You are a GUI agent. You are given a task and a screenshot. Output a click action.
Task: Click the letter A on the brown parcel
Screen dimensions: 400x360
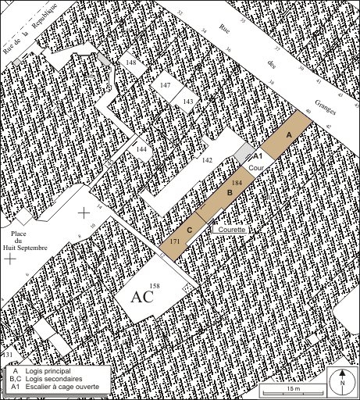288,135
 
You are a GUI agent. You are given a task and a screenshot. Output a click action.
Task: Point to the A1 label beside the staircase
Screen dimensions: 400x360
258,156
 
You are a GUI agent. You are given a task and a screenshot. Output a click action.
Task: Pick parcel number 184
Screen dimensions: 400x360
237,182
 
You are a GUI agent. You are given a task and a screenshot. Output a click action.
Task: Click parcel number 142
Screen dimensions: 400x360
208,160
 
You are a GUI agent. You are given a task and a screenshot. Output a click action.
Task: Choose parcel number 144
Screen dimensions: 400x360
141,148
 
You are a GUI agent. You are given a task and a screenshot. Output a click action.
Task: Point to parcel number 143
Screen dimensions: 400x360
187,102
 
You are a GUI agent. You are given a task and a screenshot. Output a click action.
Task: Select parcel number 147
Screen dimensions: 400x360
166,84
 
